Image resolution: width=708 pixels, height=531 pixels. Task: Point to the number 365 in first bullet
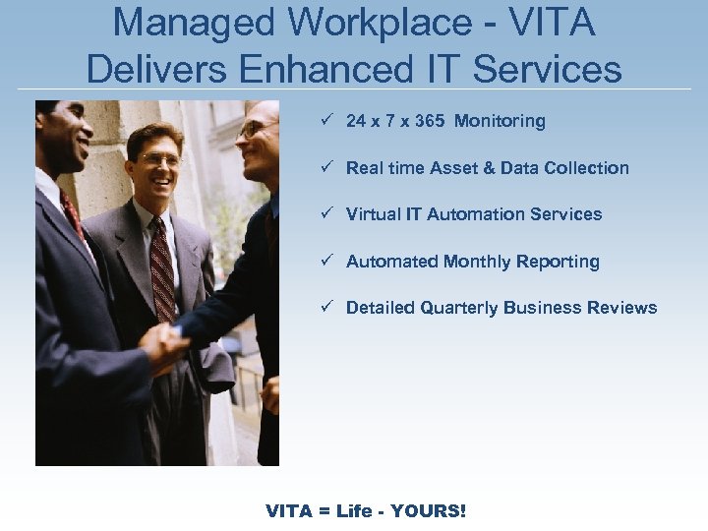429,121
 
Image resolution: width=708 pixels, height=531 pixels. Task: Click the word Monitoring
500,121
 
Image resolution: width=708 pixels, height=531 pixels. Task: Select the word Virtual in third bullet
372,214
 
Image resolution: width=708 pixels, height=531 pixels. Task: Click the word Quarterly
459,308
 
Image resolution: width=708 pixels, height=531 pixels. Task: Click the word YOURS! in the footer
428,510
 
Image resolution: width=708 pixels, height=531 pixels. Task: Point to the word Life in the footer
355,510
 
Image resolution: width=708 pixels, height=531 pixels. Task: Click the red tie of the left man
71,211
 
